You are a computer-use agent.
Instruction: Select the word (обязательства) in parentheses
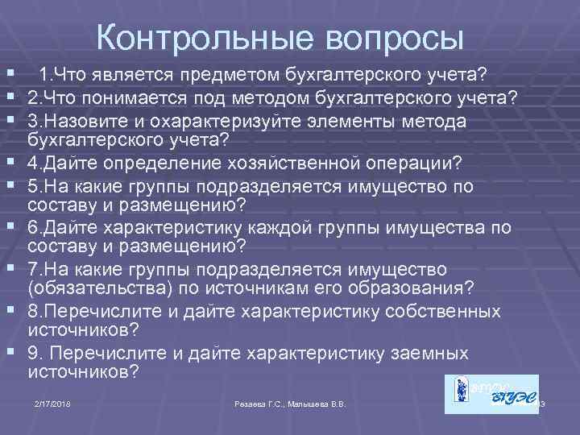(x=97, y=288)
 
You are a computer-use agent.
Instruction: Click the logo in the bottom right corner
(x=491, y=395)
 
